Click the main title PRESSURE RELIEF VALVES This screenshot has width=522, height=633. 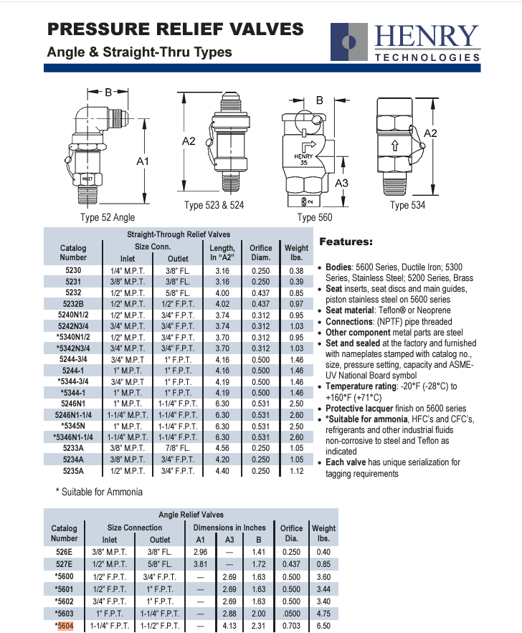pos(175,29)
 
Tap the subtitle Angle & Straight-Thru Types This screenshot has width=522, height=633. pos(139,52)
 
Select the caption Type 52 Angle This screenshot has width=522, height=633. pos(107,217)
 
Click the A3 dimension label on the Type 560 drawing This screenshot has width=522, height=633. pos(341,184)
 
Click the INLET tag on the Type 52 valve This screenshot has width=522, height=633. pos(87,178)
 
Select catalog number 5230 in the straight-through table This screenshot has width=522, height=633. pos(73,270)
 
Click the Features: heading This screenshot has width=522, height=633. pos(345,242)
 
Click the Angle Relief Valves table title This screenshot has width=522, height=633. pos(190,514)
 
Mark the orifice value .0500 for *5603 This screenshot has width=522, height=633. pos(291,613)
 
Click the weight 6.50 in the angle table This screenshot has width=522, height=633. pos(323,625)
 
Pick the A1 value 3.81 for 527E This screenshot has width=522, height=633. pos(200,564)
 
